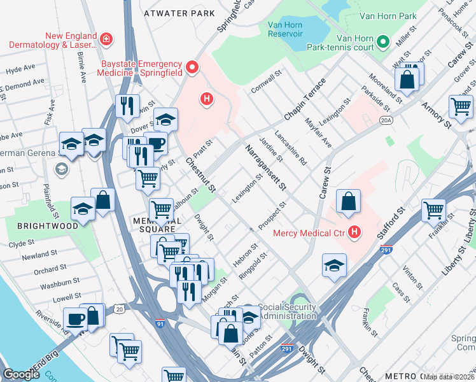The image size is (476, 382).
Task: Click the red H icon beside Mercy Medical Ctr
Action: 354,233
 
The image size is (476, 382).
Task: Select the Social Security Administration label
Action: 287,312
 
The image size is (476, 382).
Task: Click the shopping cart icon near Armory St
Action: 461,106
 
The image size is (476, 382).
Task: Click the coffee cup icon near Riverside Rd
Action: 75,318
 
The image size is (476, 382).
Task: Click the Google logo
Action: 21,374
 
